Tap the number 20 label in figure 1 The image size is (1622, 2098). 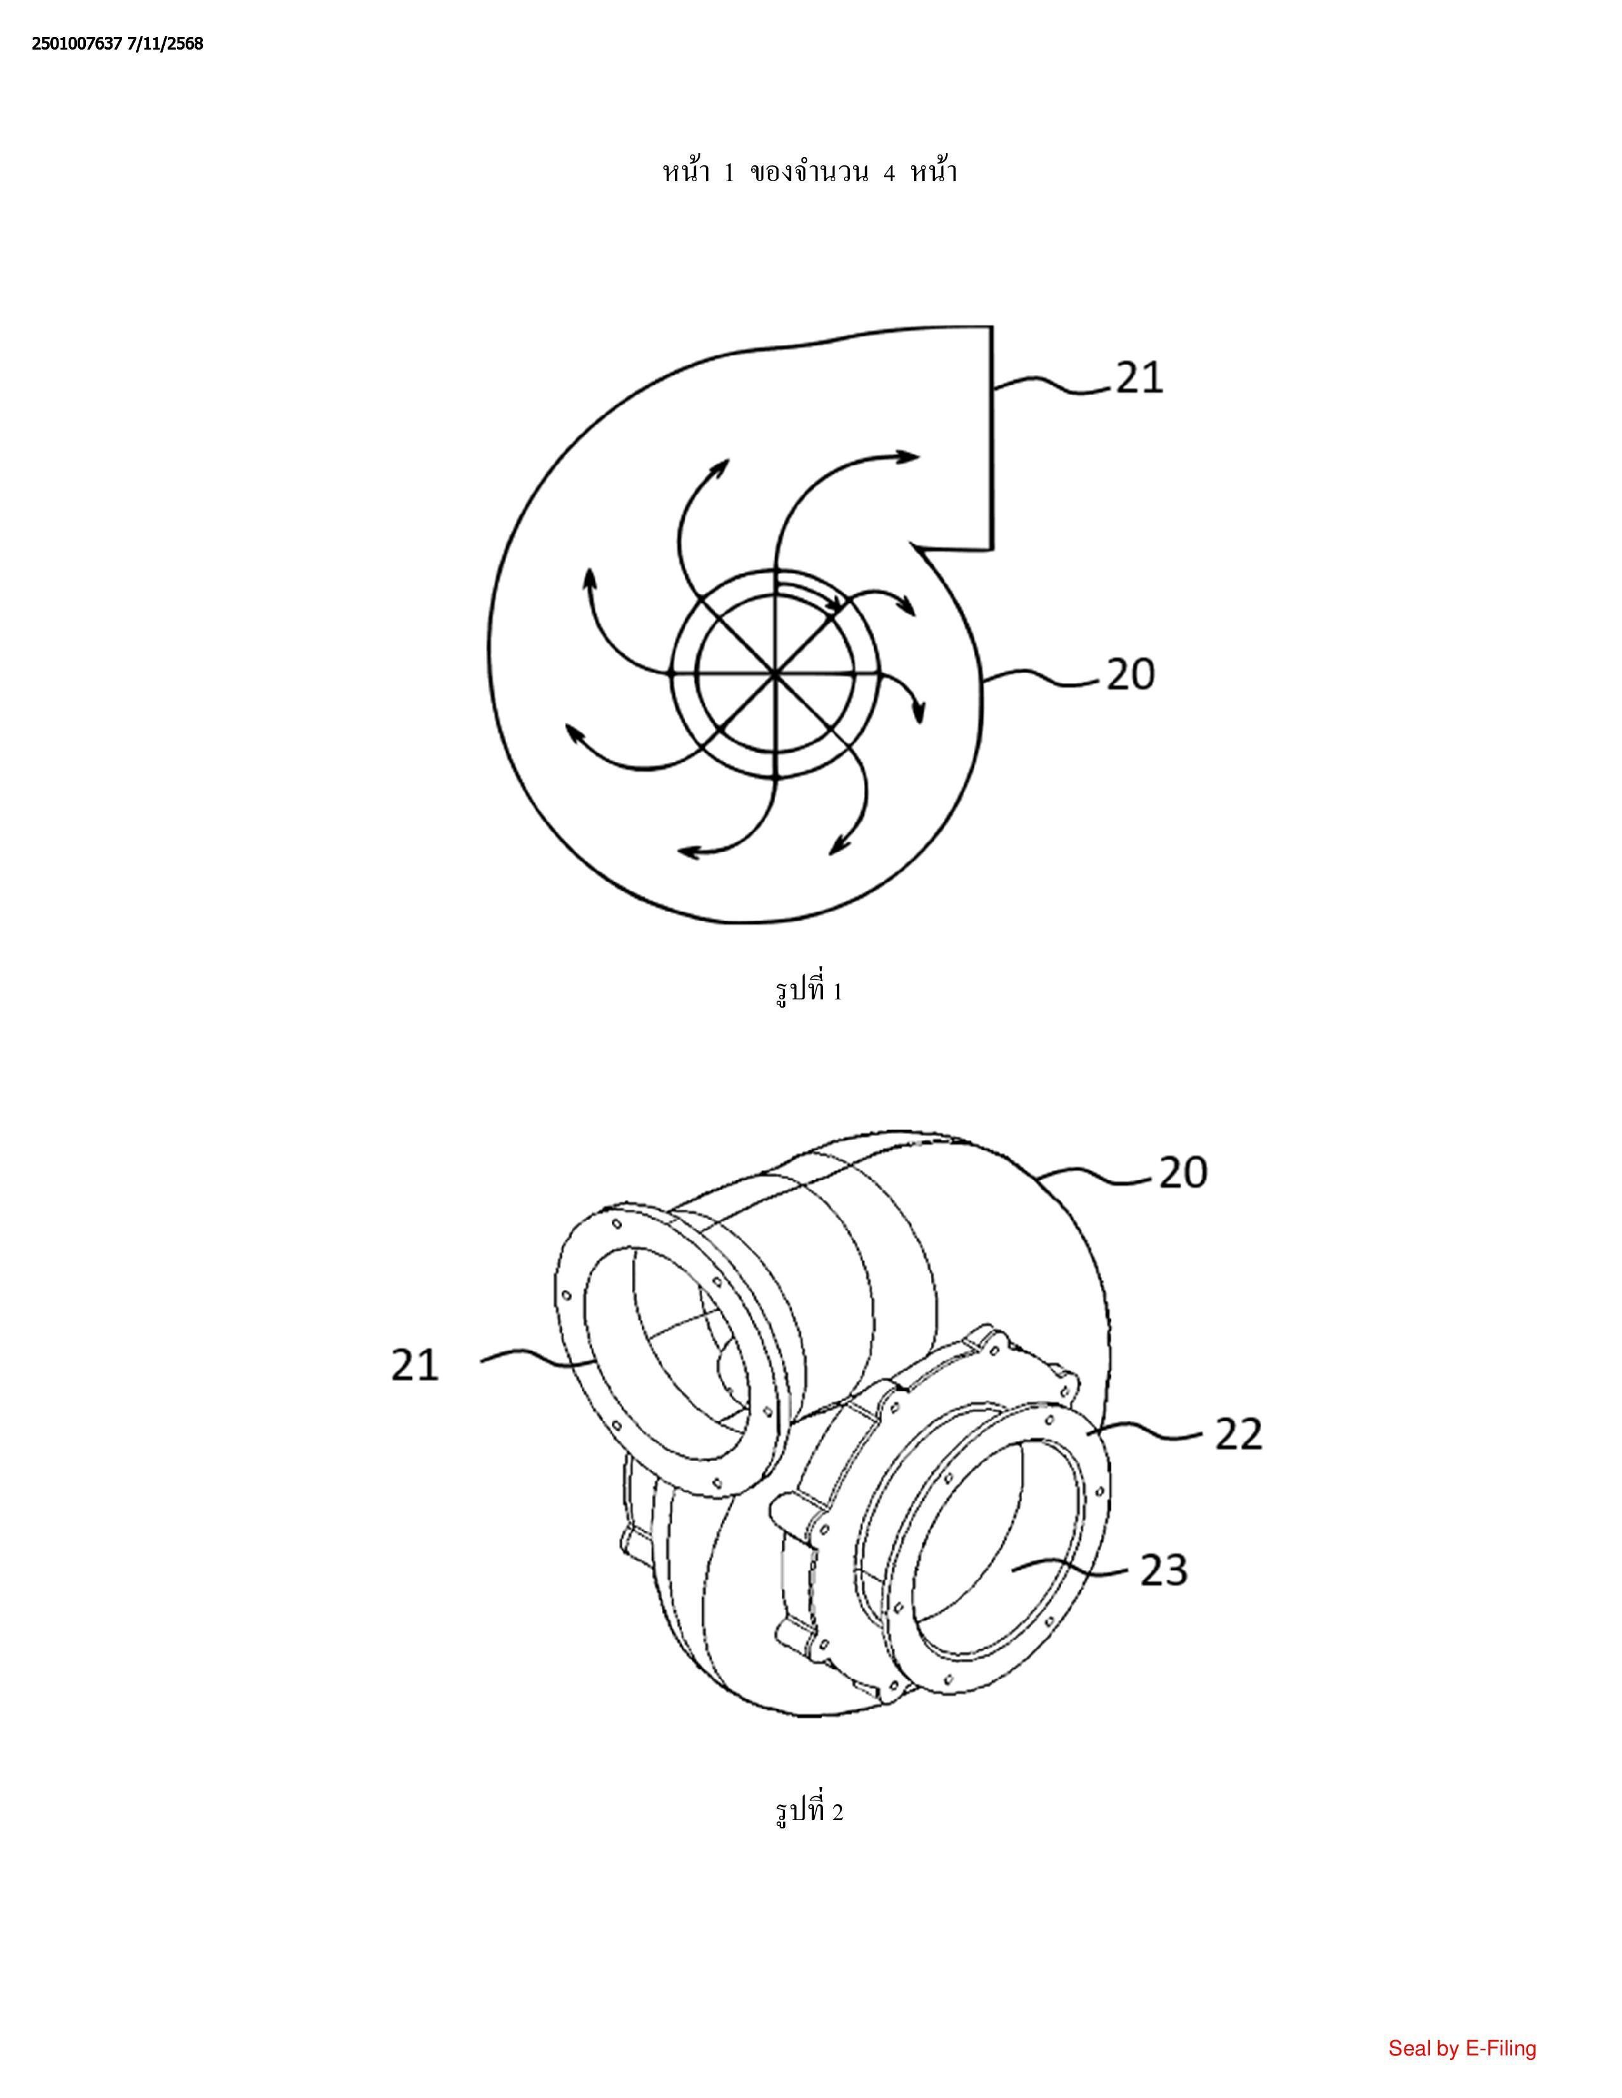pyautogui.click(x=1130, y=675)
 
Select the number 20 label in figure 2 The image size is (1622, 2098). pyautogui.click(x=1183, y=1172)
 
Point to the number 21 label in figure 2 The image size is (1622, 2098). pyautogui.click(x=415, y=1364)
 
